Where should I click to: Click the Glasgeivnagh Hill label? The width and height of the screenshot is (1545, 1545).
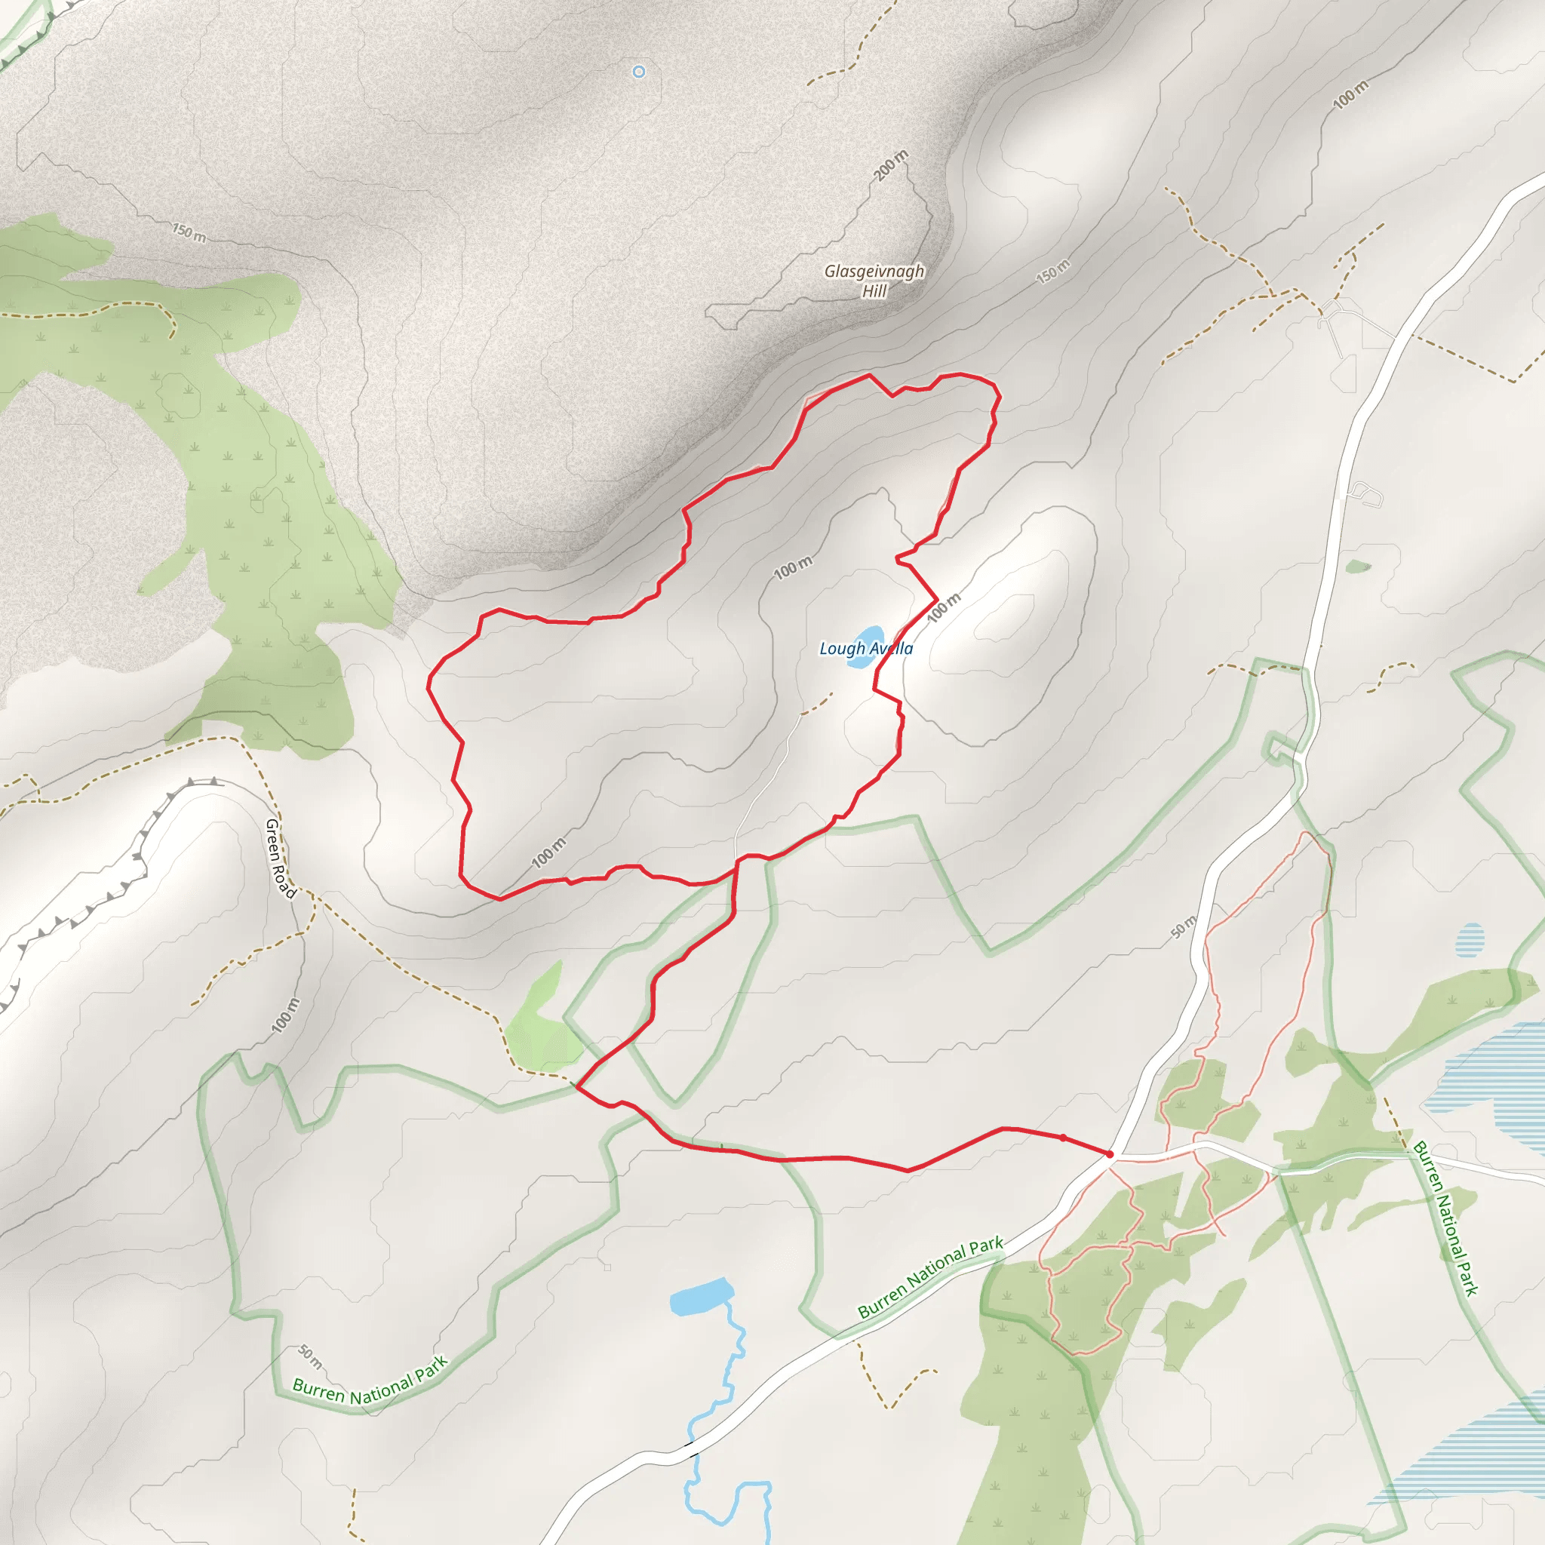(874, 281)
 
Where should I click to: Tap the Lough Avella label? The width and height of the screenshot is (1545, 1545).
(866, 649)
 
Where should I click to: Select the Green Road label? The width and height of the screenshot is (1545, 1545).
(281, 858)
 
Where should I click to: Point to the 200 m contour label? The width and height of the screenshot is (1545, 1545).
(891, 164)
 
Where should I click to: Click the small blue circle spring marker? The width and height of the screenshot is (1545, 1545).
(639, 72)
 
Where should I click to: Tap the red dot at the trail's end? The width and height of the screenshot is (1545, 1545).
(1109, 1154)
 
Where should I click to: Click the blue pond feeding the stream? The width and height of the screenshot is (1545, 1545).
(702, 1297)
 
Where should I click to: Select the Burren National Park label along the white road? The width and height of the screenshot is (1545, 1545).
(930, 1278)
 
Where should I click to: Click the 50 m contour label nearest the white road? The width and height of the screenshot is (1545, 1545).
(1183, 926)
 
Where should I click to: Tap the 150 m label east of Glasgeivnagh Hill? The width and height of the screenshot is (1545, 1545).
(1052, 271)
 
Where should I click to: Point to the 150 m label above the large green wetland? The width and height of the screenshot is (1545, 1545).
(189, 232)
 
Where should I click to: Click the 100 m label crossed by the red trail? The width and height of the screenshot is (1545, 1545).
(944, 608)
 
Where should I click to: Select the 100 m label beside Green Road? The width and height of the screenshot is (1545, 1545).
(284, 1015)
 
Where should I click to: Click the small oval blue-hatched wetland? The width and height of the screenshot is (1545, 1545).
(1469, 940)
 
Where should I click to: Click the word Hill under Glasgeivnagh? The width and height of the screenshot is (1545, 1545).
(874, 292)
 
